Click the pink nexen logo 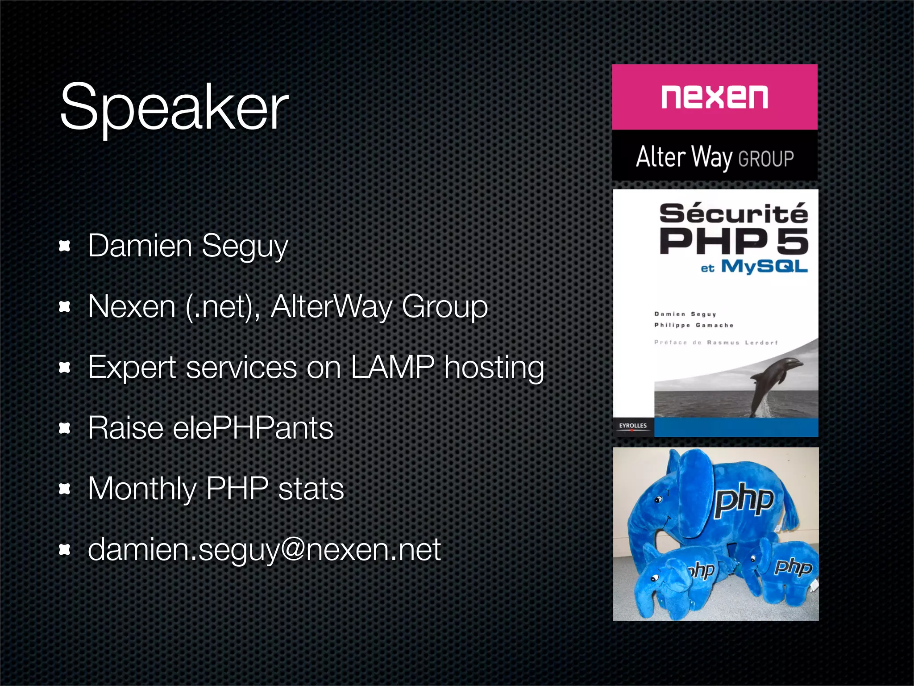click(714, 97)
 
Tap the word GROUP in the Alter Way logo click(766, 159)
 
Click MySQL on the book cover click(764, 266)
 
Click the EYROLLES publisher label click(632, 426)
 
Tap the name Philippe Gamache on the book click(694, 325)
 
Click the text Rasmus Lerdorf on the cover click(742, 343)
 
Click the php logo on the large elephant click(744, 500)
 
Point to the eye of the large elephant click(658, 500)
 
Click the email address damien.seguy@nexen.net click(264, 549)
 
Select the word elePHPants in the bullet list click(253, 428)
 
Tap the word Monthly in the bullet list click(142, 489)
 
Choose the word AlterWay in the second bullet click(331, 306)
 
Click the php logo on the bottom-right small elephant click(793, 567)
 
